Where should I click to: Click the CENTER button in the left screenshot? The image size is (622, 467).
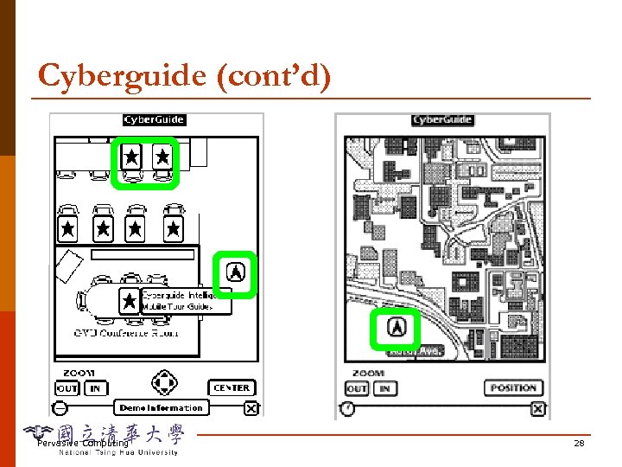click(232, 388)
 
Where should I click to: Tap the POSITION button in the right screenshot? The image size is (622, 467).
click(513, 388)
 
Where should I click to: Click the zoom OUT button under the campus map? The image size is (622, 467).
click(357, 388)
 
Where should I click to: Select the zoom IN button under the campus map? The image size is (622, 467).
click(384, 388)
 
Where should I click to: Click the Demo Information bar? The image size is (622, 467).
click(162, 407)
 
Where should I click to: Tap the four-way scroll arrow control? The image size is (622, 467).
click(164, 382)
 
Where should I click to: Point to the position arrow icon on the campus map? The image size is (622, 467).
click(396, 328)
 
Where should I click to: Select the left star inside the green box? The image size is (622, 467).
click(131, 157)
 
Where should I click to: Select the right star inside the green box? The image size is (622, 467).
click(162, 157)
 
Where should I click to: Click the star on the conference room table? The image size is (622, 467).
click(130, 300)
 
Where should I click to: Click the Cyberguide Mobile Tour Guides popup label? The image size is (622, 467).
click(186, 300)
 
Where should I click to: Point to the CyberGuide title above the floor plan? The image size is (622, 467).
click(155, 120)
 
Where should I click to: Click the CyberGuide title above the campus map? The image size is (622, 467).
click(442, 120)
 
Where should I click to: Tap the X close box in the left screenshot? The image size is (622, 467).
click(251, 408)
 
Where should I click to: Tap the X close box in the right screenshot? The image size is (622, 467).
click(537, 408)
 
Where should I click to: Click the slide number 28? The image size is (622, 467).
click(579, 443)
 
